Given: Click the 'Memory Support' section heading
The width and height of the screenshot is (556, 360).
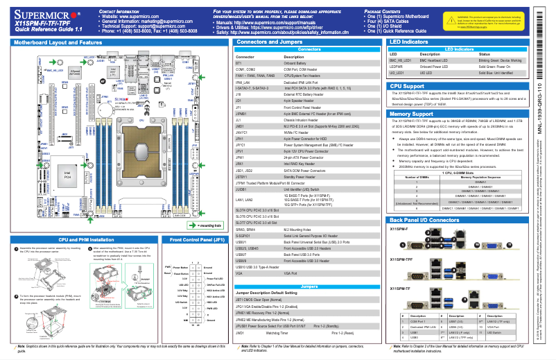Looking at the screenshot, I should tap(412, 113).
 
